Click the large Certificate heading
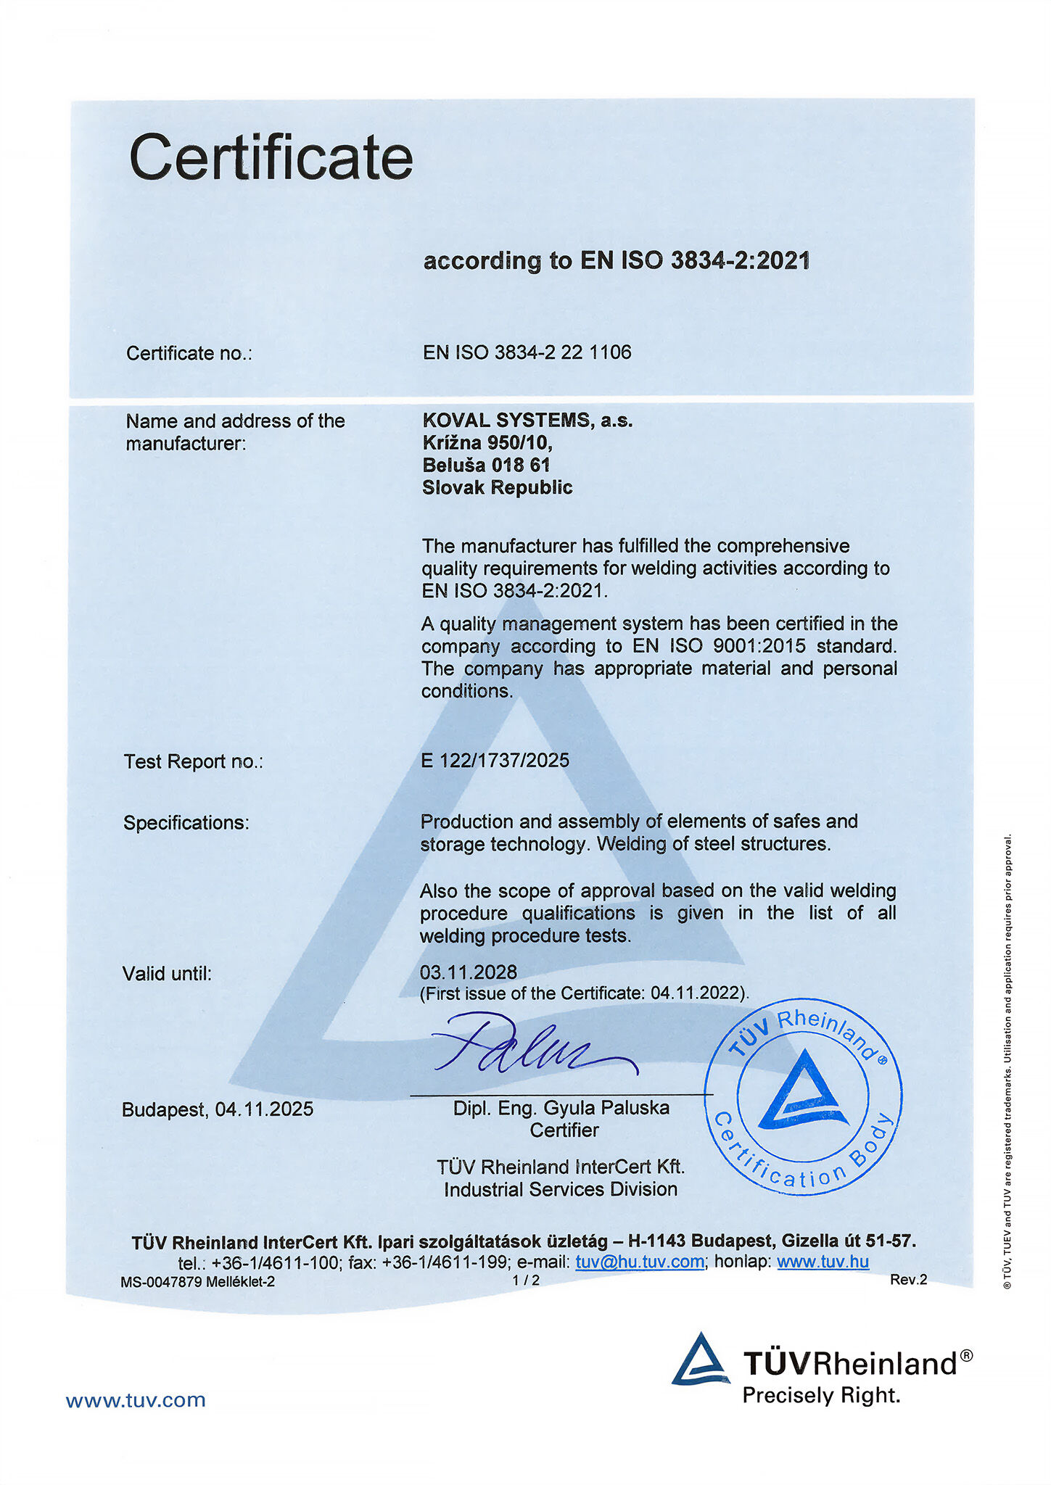pyautogui.click(x=271, y=157)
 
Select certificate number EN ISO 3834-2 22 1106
pyautogui.click(x=527, y=352)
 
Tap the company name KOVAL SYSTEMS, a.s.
pyautogui.click(x=527, y=420)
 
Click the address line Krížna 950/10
pyautogui.click(x=487, y=442)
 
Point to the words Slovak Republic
pyautogui.click(x=497, y=487)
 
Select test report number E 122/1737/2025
pyautogui.click(x=495, y=760)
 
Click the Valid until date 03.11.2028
pyautogui.click(x=468, y=972)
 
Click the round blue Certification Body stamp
pyautogui.click(x=803, y=1096)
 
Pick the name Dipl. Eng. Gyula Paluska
pyautogui.click(x=561, y=1108)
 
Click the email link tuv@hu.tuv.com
pyautogui.click(x=640, y=1262)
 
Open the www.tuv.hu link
pyautogui.click(x=823, y=1262)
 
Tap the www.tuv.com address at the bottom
pyautogui.click(x=136, y=1400)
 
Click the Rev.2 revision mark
pyautogui.click(x=908, y=1280)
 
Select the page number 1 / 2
pyautogui.click(x=526, y=1281)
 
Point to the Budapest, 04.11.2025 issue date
pyautogui.click(x=218, y=1109)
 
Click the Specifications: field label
pyautogui.click(x=186, y=823)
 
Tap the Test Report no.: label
pyautogui.click(x=193, y=761)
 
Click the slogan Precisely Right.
pyautogui.click(x=820, y=1395)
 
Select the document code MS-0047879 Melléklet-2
pyautogui.click(x=197, y=1281)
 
